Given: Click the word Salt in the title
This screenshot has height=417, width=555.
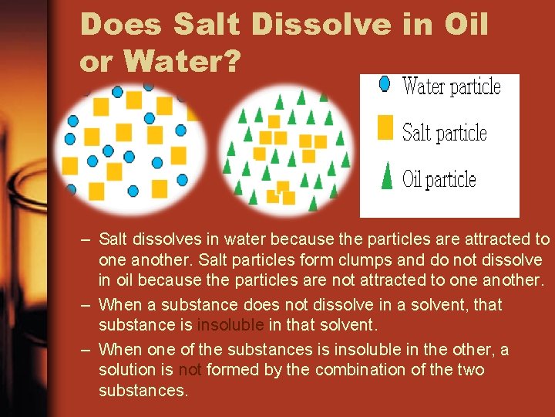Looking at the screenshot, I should coord(203,24).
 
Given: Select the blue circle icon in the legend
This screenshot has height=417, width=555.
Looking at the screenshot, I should coord(385,83).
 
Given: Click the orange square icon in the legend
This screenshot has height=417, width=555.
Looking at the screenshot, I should coord(385,127).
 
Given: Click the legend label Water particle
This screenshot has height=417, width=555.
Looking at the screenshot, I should coord(452,86).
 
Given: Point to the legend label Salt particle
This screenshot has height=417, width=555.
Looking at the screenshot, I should coord(445,133).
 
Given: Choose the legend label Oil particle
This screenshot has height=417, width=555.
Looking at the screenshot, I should coord(439,180).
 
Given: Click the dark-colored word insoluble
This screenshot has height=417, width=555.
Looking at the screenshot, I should coord(230,325).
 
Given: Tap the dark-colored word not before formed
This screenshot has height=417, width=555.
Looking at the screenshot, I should coord(190,370).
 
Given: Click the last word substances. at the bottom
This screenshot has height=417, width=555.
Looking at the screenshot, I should coord(143,391).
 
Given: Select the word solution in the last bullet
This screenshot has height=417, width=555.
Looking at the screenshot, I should coord(127,370).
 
